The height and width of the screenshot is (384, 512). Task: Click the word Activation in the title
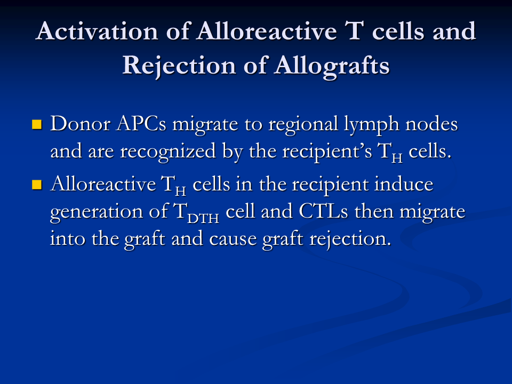(x=97, y=31)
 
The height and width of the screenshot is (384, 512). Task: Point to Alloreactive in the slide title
(x=267, y=31)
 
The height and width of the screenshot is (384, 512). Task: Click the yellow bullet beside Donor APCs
(x=37, y=124)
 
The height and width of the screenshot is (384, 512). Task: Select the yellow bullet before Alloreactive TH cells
(x=37, y=185)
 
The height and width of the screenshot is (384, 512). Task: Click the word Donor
(x=81, y=124)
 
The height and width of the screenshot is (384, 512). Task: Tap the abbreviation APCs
(x=141, y=124)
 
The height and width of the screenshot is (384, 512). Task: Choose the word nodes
(x=431, y=124)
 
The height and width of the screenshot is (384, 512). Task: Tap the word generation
(x=97, y=212)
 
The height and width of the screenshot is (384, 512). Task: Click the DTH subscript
(x=203, y=218)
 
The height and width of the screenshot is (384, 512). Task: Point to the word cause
(x=233, y=239)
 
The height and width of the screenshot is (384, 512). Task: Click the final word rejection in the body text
(x=350, y=239)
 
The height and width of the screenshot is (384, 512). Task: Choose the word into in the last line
(x=68, y=239)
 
